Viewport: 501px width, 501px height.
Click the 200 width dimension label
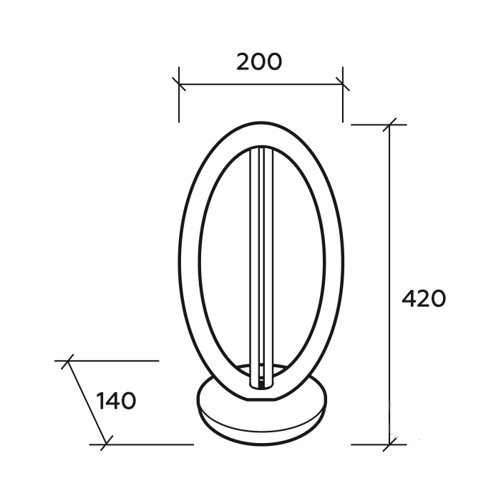point(259,62)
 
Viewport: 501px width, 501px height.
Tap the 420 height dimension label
point(424,298)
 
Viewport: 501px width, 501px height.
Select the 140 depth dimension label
point(116,402)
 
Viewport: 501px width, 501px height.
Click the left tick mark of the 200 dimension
point(179,84)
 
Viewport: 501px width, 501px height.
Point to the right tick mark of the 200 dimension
point(343,84)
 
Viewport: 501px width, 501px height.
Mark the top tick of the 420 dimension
point(389,125)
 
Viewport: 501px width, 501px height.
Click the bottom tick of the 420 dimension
point(389,444)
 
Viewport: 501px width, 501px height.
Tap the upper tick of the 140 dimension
point(67,361)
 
